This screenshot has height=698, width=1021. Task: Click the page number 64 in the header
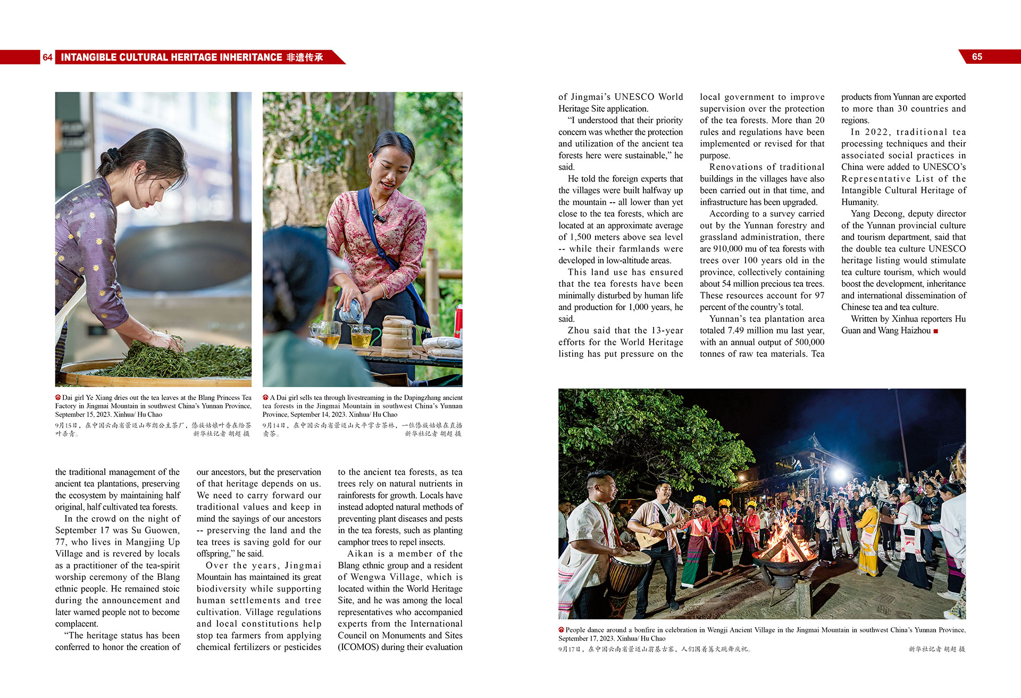(47, 57)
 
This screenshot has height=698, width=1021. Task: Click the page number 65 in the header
(977, 57)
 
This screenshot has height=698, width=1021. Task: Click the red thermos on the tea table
(458, 320)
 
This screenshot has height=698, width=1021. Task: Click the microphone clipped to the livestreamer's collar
(379, 217)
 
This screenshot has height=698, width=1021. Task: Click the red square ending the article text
(935, 331)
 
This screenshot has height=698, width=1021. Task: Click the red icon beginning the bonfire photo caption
(561, 630)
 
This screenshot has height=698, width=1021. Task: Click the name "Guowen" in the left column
(162, 530)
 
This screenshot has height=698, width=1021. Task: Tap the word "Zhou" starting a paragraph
(579, 330)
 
